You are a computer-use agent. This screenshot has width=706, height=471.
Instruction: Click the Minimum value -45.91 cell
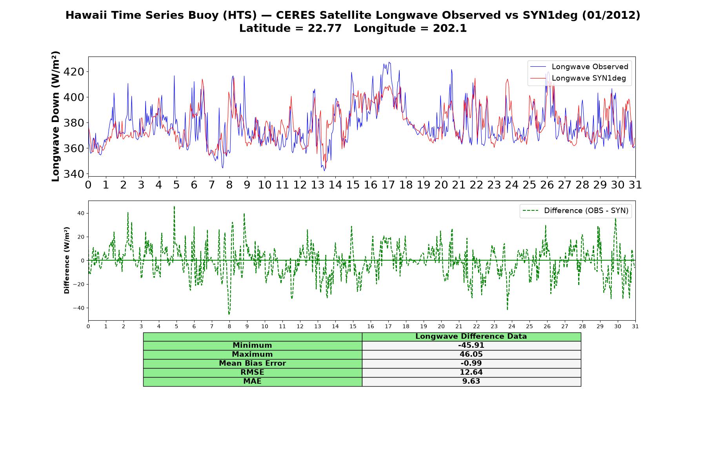pyautogui.click(x=471, y=345)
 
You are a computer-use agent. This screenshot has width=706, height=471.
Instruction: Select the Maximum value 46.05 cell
pyautogui.click(x=471, y=354)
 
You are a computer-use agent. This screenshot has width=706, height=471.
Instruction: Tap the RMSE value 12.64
pyautogui.click(x=471, y=372)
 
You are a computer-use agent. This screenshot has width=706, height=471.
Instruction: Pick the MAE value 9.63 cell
pyautogui.click(x=471, y=382)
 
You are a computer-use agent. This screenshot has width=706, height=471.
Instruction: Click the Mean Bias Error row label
pyautogui.click(x=252, y=363)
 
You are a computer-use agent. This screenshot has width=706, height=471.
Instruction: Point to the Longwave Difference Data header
pyautogui.click(x=471, y=336)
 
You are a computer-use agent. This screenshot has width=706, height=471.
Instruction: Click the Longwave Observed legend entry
pyautogui.click(x=579, y=67)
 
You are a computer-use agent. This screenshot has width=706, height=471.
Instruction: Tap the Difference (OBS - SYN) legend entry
pyautogui.click(x=575, y=211)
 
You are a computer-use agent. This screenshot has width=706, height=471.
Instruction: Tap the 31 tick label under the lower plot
pyautogui.click(x=635, y=326)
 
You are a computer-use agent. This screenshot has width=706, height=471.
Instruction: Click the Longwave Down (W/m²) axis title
pyautogui.click(x=56, y=116)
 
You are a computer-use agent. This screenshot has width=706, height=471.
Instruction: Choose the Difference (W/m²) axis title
pyautogui.click(x=67, y=260)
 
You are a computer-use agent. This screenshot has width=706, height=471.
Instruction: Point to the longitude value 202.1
pyautogui.click(x=450, y=28)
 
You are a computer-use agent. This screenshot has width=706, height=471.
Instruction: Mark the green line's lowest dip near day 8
pyautogui.click(x=229, y=314)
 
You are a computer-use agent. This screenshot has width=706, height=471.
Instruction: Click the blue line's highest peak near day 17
pyautogui.click(x=389, y=62)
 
